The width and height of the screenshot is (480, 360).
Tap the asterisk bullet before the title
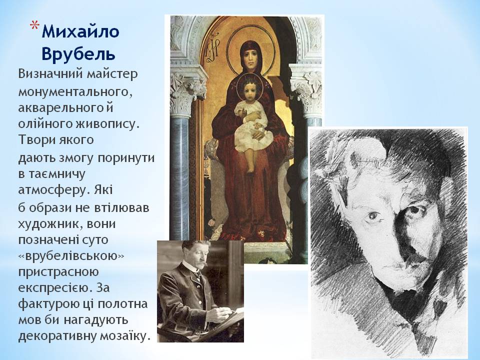coord(33,26)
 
